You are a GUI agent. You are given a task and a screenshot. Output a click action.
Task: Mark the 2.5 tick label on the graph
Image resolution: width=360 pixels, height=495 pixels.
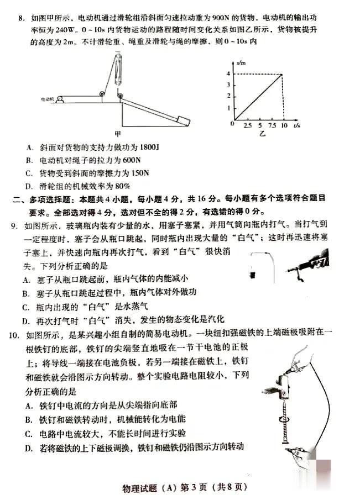coord(247,125)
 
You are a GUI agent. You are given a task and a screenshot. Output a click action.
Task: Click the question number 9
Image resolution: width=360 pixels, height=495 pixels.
coord(14,225)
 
